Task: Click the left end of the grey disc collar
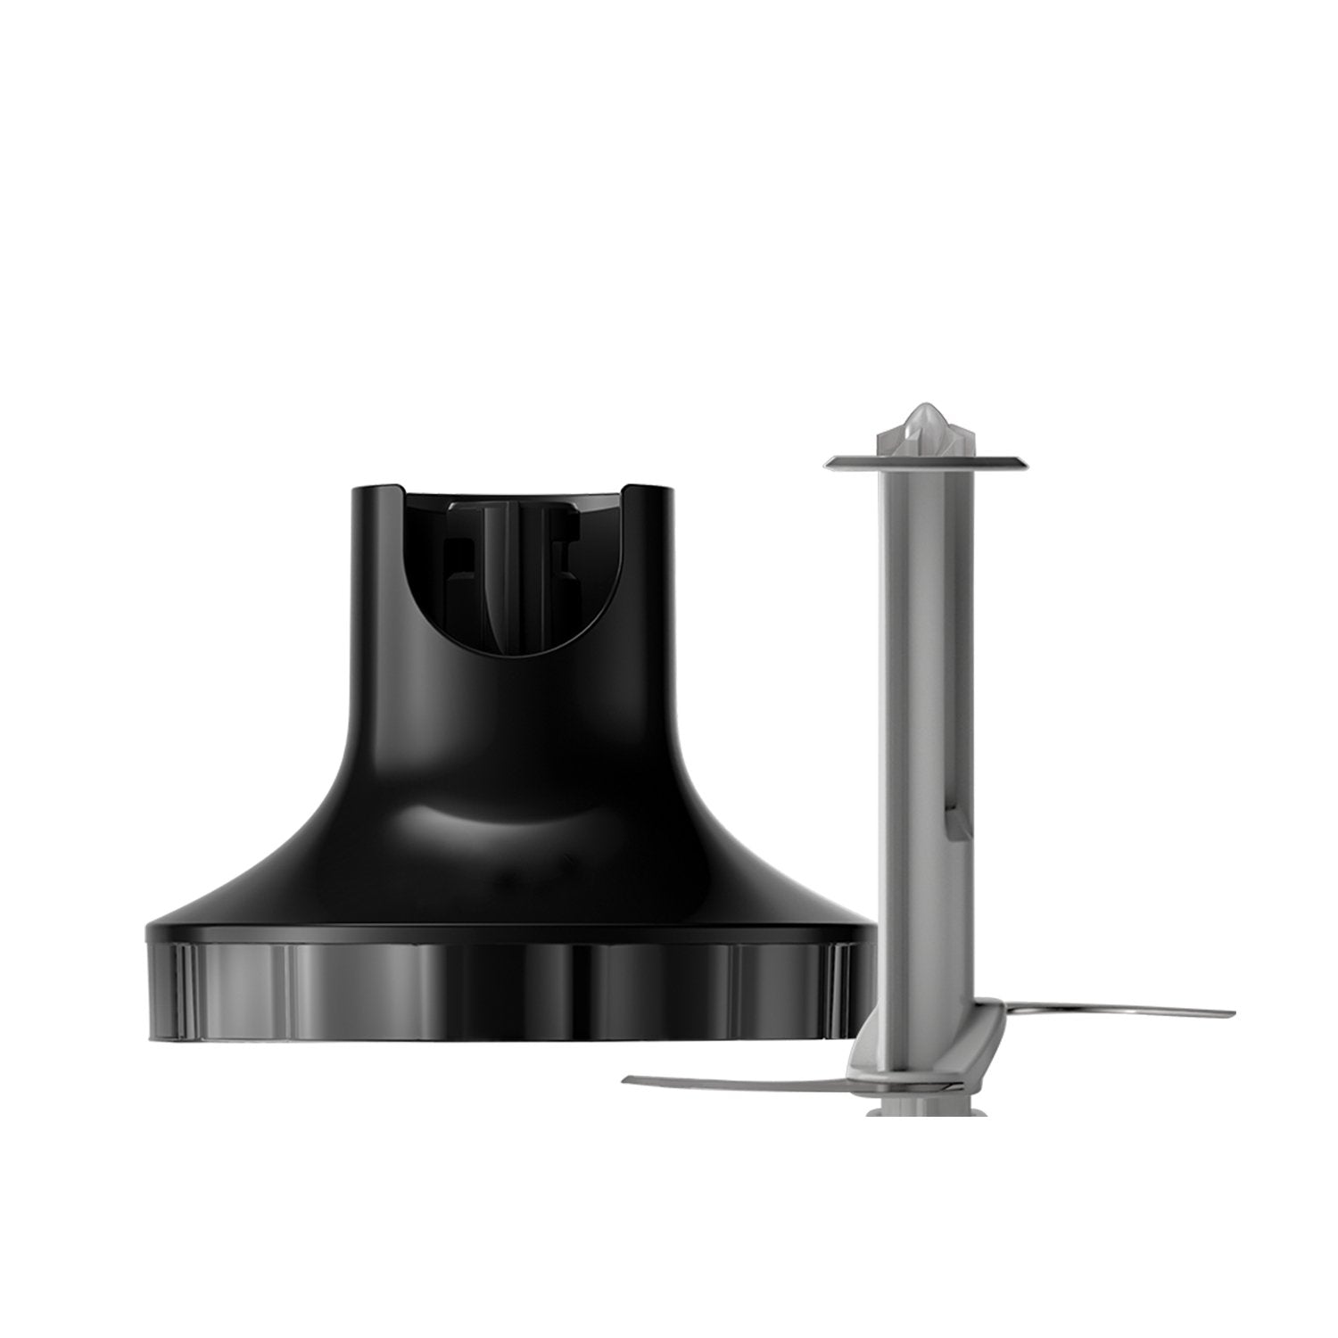[828, 460]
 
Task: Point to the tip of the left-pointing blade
[626, 1080]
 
